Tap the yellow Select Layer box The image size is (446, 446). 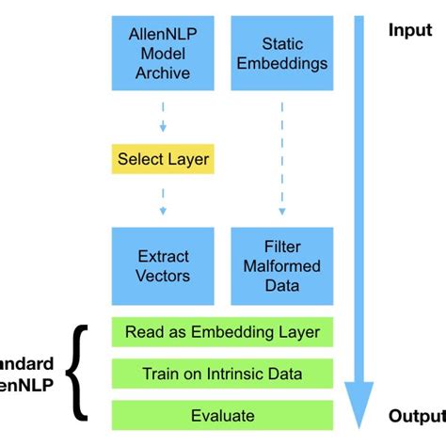(164, 159)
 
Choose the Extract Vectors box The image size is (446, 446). (164, 265)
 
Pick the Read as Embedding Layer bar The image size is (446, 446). (222, 332)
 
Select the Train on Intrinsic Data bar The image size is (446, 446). (222, 374)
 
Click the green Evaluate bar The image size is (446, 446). (222, 415)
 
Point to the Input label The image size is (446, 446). (410, 30)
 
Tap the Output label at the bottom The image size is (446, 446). (416, 416)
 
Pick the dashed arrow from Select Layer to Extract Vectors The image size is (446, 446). (163, 199)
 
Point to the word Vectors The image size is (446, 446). (164, 276)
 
